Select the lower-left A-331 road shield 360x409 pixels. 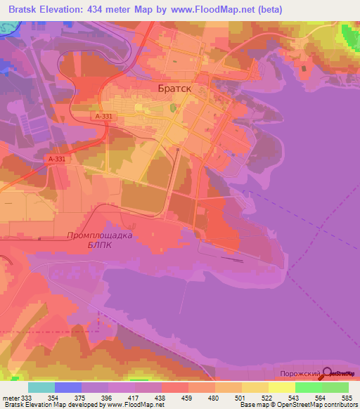56,160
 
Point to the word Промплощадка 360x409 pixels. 101,236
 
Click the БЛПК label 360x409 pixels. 99,246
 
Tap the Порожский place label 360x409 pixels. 300,374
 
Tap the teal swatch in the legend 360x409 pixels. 41,387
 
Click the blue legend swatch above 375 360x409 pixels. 67,387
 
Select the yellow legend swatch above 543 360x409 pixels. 281,387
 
